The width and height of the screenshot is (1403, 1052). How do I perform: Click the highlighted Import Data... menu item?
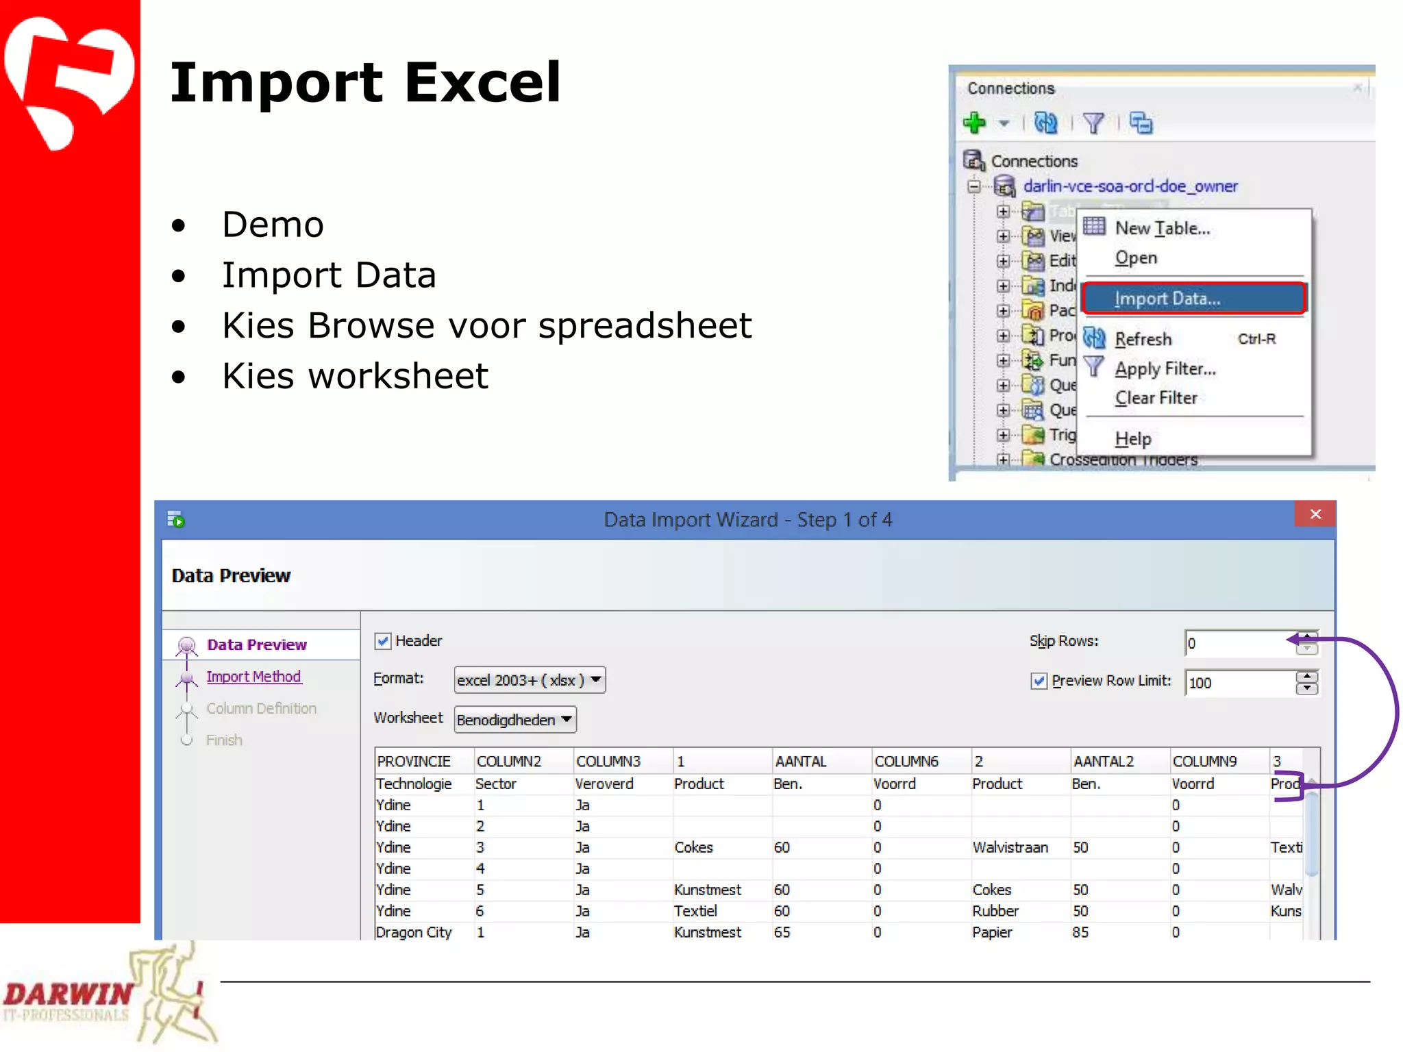pyautogui.click(x=1193, y=299)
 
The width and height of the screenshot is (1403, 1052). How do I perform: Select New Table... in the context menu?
pyautogui.click(x=1162, y=228)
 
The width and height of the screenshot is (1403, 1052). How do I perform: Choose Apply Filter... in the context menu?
pyautogui.click(x=1165, y=368)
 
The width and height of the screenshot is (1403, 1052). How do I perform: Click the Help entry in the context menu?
pyautogui.click(x=1132, y=438)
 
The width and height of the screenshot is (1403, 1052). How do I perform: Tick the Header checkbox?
pyautogui.click(x=383, y=641)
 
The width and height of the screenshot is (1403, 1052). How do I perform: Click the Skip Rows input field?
pyautogui.click(x=1239, y=643)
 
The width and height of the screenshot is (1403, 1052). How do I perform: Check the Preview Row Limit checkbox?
pyautogui.click(x=1039, y=681)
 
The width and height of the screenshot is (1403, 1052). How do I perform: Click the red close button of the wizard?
pyautogui.click(x=1315, y=514)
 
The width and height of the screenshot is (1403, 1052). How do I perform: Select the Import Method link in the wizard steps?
pyautogui.click(x=253, y=677)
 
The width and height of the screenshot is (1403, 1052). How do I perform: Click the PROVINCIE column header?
pyautogui.click(x=414, y=762)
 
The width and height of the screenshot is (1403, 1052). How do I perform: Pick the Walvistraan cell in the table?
pyautogui.click(x=1010, y=847)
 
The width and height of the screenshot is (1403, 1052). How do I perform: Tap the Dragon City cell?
pyautogui.click(x=414, y=932)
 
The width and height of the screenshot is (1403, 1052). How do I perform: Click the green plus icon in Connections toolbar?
pyautogui.click(x=974, y=123)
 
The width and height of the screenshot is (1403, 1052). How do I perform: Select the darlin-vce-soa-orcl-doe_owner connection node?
pyautogui.click(x=1130, y=186)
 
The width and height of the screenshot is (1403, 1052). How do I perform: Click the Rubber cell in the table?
pyautogui.click(x=995, y=911)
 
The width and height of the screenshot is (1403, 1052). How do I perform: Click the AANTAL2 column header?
pyautogui.click(x=1103, y=762)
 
